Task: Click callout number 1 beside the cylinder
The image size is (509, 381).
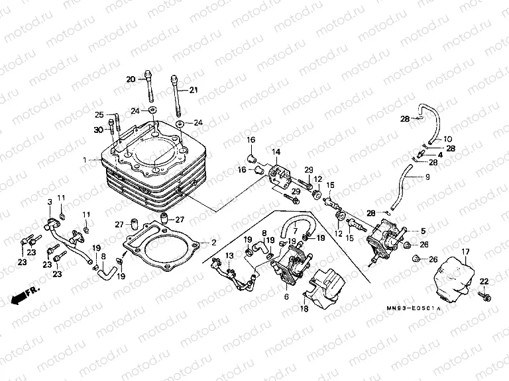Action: [x=85, y=160]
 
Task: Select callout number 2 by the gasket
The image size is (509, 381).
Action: [x=213, y=242]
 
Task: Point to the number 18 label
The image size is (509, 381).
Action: [x=304, y=308]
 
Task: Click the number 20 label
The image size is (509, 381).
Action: [x=131, y=79]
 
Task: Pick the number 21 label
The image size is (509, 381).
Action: [x=194, y=90]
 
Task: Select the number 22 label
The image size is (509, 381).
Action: [x=484, y=282]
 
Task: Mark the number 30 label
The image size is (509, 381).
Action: [x=99, y=130]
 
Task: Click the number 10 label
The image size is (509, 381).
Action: [x=447, y=139]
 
